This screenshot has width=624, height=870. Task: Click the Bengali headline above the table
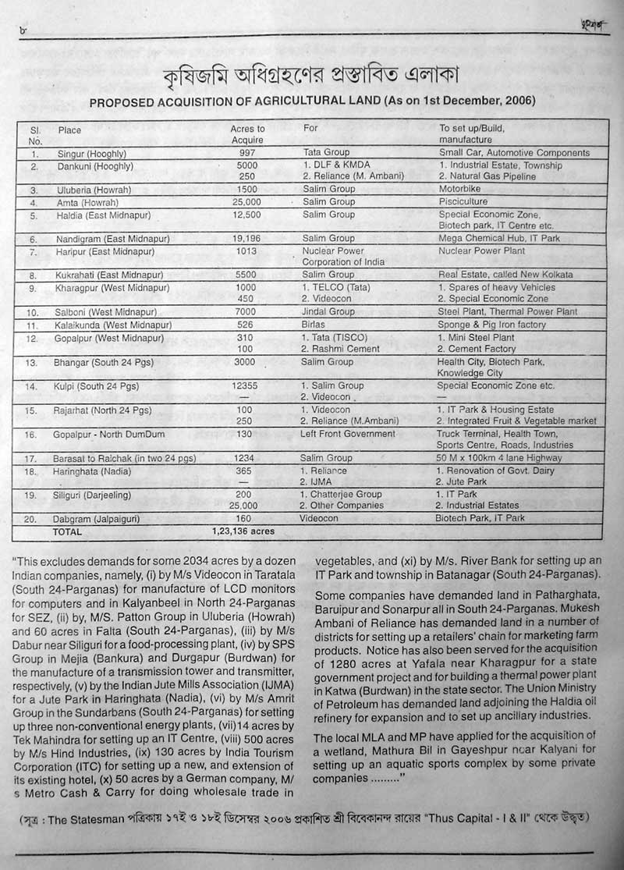(310, 76)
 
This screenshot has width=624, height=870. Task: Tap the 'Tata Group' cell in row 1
(326, 153)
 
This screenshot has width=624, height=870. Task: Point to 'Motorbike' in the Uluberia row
(461, 190)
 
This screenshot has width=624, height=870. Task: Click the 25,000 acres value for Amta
(247, 202)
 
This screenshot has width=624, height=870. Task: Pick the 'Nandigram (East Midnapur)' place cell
(113, 239)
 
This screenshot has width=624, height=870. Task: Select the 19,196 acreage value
(247, 239)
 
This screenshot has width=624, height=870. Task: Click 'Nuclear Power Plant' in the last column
(481, 251)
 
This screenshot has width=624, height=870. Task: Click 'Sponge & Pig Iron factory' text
(492, 325)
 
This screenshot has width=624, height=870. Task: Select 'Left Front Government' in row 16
(348, 434)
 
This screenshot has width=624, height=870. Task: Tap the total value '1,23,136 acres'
(243, 531)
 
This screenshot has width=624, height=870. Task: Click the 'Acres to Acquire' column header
(247, 134)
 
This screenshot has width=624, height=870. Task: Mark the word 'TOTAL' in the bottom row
(68, 531)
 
